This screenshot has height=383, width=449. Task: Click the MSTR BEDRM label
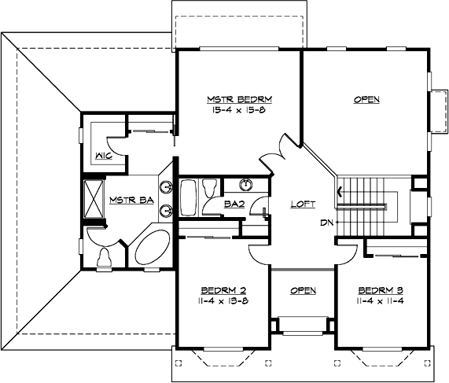(239, 100)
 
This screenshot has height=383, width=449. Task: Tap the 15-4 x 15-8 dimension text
(239, 112)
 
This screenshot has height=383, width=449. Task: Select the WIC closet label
(102, 154)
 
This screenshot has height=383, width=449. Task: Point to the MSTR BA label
(131, 200)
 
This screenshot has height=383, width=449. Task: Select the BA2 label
(232, 204)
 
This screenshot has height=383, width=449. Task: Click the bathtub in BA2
(190, 197)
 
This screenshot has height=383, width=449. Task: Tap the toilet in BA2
(210, 189)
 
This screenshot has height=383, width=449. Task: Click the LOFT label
(303, 204)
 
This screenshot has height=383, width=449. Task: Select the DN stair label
(326, 223)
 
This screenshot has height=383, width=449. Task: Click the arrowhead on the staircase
(339, 191)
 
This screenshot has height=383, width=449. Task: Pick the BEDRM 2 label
(215, 289)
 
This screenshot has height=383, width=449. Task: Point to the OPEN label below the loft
(303, 291)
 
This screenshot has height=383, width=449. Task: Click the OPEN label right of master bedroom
(366, 100)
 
